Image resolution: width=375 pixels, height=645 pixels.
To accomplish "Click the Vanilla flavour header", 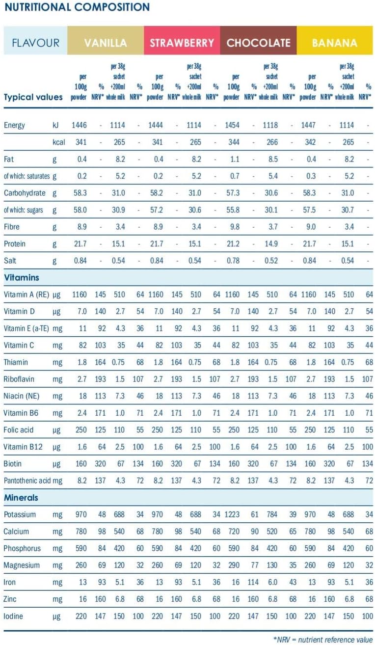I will (106, 43).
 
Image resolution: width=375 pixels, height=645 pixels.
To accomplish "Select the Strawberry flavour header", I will (182, 43).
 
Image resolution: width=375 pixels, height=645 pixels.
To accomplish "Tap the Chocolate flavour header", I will (258, 43).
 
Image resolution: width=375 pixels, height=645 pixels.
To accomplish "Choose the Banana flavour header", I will (334, 43).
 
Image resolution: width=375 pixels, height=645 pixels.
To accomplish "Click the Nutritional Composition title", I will (77, 7).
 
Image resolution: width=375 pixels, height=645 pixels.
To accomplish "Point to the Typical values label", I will (33, 97).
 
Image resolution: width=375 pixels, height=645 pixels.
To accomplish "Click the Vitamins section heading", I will (22, 278).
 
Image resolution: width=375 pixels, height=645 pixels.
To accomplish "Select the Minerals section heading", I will (21, 498).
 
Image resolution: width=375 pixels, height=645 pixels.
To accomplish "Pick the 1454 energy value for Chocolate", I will (232, 125).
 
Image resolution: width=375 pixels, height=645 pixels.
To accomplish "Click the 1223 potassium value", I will (233, 514).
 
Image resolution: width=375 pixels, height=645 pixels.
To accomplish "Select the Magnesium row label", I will (22, 565).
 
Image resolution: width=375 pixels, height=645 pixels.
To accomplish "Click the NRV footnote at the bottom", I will (323, 639).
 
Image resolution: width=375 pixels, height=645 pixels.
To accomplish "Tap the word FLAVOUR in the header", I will (36, 43).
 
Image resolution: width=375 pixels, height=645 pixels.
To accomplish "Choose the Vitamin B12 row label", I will (21, 447).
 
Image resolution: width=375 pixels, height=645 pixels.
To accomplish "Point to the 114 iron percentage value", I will (254, 582).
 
